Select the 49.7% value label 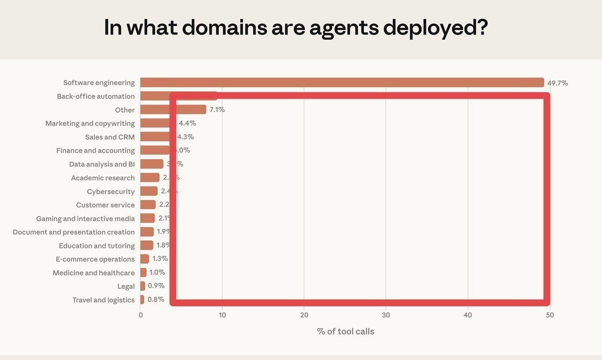coord(558,83)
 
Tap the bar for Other coord(173,110)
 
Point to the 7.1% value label coord(217,110)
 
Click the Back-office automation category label coord(96,96)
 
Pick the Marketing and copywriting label coord(90,123)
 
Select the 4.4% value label coord(188,123)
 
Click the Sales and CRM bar coord(155,137)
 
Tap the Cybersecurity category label coord(111,192)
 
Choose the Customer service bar coord(148,205)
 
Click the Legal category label coord(126,286)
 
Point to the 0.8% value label coord(156,300)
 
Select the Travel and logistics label coord(103,300)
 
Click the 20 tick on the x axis coord(304,315)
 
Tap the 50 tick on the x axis coord(550,315)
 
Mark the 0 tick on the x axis coord(140,315)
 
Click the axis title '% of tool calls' coord(345,331)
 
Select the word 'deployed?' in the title coord(435,28)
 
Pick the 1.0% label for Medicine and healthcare coord(157,273)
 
